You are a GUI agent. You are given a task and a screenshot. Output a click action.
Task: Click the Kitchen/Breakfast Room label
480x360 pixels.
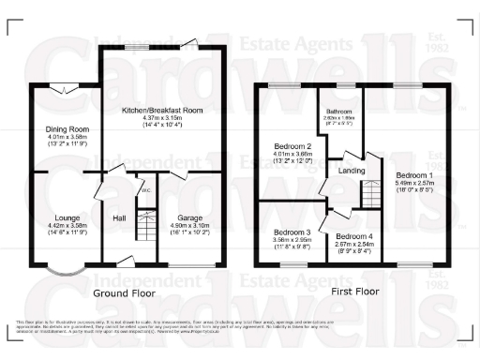tap(163, 111)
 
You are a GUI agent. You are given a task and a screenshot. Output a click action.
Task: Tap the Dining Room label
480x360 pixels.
tap(67, 129)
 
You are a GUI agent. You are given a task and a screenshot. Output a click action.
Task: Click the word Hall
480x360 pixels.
tap(120, 218)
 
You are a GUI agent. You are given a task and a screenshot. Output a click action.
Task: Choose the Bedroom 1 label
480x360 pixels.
tap(413, 175)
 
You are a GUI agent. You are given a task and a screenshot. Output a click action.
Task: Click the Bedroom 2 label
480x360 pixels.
tap(292, 147)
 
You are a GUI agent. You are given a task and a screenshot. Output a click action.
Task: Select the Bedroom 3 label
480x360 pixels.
tap(292, 232)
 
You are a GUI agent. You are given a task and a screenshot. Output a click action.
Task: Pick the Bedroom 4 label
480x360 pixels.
tap(353, 235)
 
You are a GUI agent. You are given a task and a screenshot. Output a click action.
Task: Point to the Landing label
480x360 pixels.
tap(352, 171)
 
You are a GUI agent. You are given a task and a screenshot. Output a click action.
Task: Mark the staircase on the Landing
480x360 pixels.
tap(370, 196)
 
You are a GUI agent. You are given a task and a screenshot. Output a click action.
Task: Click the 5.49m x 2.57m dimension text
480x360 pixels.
tap(413, 183)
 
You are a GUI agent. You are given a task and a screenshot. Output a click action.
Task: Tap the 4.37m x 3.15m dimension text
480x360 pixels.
tap(163, 118)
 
